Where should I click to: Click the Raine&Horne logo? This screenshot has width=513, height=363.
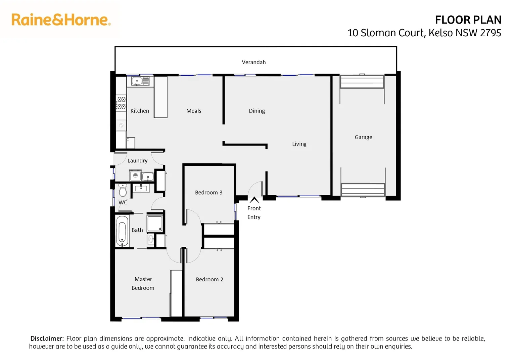coord(61,20)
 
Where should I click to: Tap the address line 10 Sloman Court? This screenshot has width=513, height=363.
coord(424,33)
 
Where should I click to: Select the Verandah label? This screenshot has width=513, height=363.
coord(253,62)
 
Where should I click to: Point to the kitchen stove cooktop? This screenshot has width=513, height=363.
coord(121,103)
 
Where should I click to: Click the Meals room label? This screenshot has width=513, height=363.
coord(193,111)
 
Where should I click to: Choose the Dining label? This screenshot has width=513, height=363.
coord(256,111)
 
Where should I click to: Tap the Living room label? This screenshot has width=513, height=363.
coord(299,144)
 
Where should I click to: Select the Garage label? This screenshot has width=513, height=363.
coord(363,137)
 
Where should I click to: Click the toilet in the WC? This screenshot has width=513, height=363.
coord(123,190)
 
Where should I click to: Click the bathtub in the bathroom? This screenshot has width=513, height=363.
coord(122,231)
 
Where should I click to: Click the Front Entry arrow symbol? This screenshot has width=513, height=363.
coord(254,200)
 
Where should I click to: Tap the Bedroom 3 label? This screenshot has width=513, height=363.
coord(208,193)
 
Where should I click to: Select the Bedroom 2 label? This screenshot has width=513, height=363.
coord(209,279)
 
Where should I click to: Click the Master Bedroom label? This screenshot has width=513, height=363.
coord(143,283)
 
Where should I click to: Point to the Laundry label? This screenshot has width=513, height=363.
coord(137,161)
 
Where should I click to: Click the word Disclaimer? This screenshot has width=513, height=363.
coord(47,338)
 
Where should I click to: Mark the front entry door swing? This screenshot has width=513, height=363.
coord(255,188)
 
